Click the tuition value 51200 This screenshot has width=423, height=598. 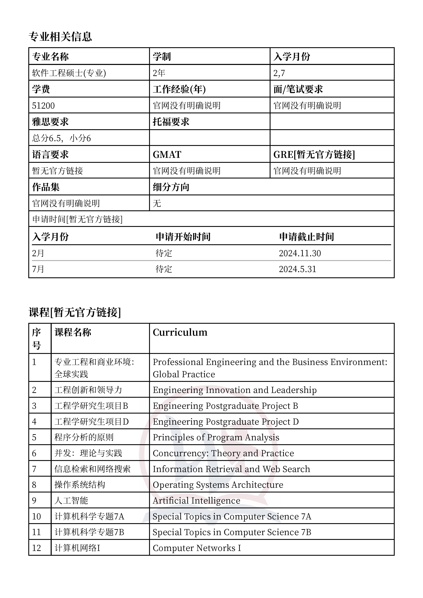[x=43, y=106]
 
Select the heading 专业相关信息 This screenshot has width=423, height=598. [x=60, y=36]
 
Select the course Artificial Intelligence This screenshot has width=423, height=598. [x=196, y=501]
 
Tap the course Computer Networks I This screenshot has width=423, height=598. [x=197, y=548]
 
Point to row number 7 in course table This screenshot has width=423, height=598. [x=34, y=469]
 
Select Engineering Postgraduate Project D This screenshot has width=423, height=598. [x=225, y=422]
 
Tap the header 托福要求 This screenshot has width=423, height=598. [x=171, y=122]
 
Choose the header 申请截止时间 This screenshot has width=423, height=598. [x=307, y=237]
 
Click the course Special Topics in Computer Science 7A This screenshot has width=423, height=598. [x=232, y=517]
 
